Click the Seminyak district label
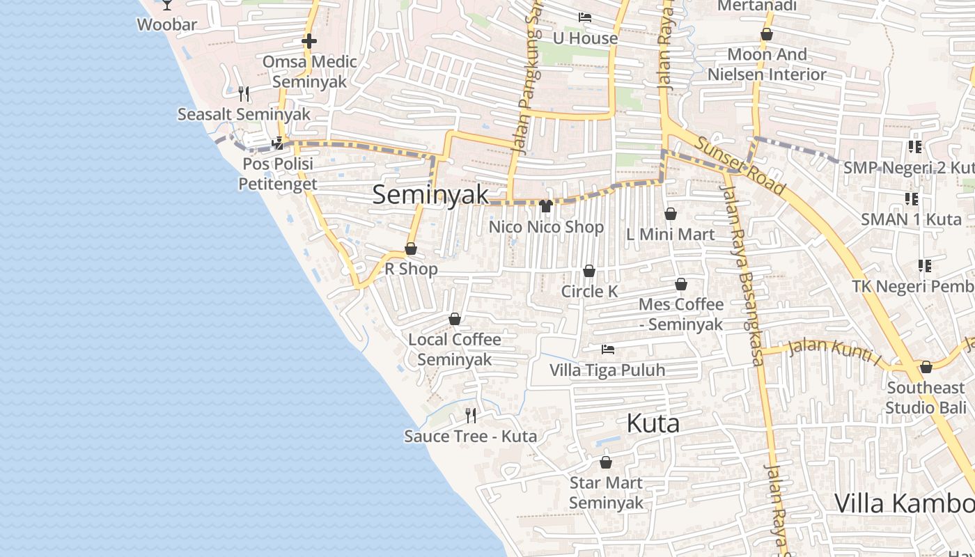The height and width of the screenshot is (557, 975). (430, 194)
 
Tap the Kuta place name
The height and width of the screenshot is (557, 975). (653, 423)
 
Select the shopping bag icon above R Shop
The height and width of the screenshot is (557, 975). (411, 249)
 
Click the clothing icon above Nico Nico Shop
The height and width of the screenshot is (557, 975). (546, 206)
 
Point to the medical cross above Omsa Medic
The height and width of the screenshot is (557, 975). (309, 41)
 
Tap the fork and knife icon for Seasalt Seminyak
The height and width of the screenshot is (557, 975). (244, 93)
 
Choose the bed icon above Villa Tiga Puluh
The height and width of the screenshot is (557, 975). (608, 349)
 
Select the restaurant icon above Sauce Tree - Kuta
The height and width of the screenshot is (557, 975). (471, 416)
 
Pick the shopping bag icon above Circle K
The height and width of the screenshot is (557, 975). (589, 271)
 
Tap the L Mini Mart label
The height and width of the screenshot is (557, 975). (670, 234)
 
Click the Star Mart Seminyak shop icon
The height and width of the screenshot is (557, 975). (606, 462)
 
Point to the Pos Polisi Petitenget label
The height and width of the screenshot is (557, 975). (277, 173)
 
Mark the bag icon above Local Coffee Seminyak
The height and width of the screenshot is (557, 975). (455, 319)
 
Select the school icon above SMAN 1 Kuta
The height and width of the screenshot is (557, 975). (911, 199)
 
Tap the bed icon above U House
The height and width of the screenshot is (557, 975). (585, 17)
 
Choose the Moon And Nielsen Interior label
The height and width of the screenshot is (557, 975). (767, 64)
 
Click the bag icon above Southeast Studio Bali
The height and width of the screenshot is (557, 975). (926, 367)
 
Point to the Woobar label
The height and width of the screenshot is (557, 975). (166, 25)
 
